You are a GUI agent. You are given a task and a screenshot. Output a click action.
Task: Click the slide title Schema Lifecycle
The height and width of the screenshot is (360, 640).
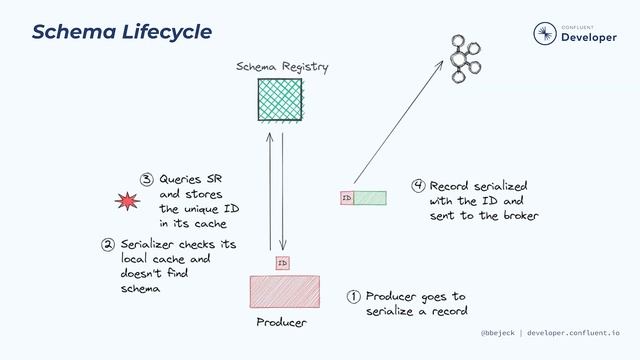pos(122,31)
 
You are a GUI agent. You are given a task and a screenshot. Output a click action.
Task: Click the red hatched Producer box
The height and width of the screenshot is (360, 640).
pos(285,291)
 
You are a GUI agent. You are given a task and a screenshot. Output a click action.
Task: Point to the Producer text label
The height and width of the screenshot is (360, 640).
pos(281,323)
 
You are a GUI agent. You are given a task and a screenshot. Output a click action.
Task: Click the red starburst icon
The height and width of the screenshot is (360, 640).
pos(128,203)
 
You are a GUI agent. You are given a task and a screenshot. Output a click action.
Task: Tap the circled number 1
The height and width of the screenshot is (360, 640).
pos(353,297)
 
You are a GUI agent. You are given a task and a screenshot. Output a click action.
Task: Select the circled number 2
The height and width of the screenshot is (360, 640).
pos(107,243)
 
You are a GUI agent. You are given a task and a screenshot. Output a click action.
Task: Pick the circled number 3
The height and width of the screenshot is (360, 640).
pos(146,180)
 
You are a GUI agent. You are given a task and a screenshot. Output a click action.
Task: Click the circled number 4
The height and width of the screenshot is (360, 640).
pos(419,186)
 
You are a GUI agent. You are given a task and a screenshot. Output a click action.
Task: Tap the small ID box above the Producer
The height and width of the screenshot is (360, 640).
pos(282,262)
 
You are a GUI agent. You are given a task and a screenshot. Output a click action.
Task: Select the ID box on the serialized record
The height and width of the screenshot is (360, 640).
pos(347,198)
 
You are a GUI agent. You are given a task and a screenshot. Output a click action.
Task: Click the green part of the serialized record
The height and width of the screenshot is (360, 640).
pos(370,198)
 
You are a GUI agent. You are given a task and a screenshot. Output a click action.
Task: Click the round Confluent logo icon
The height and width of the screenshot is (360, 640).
pos(544,34)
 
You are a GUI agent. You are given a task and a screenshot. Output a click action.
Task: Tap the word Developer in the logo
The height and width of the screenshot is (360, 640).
pos(590,38)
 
